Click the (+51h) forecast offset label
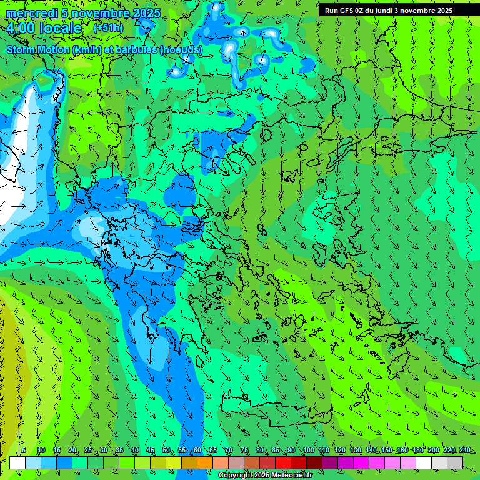108,28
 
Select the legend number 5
23,451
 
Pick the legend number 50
166,451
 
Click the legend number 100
308,451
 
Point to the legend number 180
417,451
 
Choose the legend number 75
244,451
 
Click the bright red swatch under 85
283,462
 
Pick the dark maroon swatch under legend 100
314,462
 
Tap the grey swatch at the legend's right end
455,462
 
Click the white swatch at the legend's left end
17,462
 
